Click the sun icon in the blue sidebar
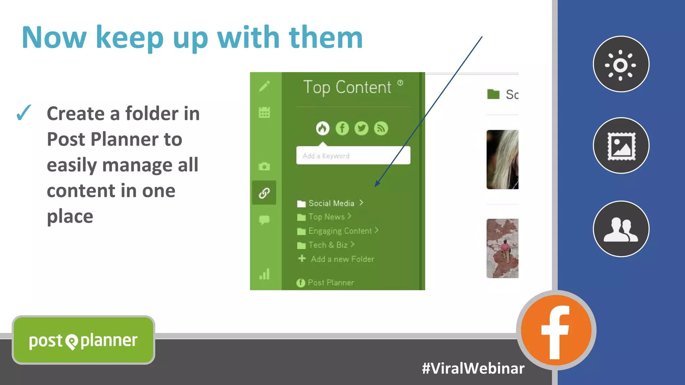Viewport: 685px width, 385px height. click(x=621, y=64)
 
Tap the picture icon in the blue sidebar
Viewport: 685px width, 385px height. click(x=621, y=146)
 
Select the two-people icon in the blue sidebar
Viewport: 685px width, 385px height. click(x=621, y=229)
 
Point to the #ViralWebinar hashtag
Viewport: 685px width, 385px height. click(x=473, y=368)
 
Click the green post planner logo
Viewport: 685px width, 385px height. click(x=83, y=340)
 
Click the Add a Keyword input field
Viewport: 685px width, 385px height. click(x=353, y=156)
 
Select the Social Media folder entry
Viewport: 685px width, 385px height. click(x=331, y=203)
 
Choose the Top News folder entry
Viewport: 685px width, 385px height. click(x=326, y=217)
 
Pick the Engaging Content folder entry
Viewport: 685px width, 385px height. click(x=339, y=231)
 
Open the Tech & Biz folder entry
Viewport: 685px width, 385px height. click(x=327, y=245)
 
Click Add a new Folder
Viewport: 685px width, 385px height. click(x=342, y=259)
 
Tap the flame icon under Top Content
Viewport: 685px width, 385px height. click(x=322, y=128)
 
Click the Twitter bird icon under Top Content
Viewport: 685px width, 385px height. click(x=361, y=128)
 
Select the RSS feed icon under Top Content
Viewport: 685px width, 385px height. click(x=381, y=128)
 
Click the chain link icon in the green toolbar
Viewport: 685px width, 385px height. click(x=264, y=193)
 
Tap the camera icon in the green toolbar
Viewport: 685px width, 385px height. click(x=264, y=166)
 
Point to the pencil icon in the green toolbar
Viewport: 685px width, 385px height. click(x=264, y=86)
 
